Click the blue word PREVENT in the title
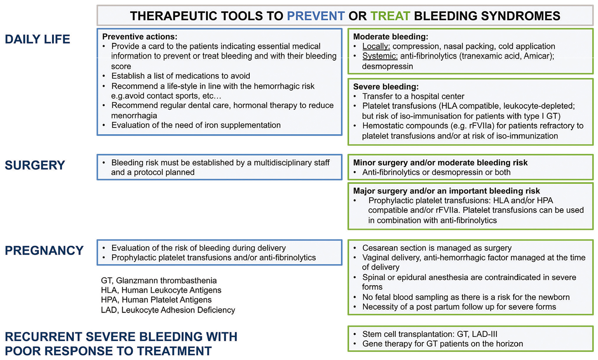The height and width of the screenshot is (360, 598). click(316, 16)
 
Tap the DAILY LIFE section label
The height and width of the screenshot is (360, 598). click(37, 39)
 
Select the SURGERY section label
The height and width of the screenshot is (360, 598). click(35, 165)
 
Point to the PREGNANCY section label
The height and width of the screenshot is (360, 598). click(44, 250)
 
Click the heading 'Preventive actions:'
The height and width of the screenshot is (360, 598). click(140, 37)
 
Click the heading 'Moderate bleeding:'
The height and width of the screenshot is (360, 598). click(390, 37)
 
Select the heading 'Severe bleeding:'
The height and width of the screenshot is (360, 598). click(386, 87)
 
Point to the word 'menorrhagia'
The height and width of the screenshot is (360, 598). click(134, 115)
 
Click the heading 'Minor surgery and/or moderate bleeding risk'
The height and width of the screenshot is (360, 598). click(440, 163)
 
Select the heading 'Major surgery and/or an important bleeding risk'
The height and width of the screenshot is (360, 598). click(446, 191)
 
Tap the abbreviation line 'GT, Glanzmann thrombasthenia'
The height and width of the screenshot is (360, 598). click(159, 281)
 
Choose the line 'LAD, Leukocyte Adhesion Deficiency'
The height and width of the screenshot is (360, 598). click(168, 310)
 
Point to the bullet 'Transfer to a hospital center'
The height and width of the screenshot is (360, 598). click(413, 96)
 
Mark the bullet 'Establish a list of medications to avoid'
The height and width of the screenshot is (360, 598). click(181, 76)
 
